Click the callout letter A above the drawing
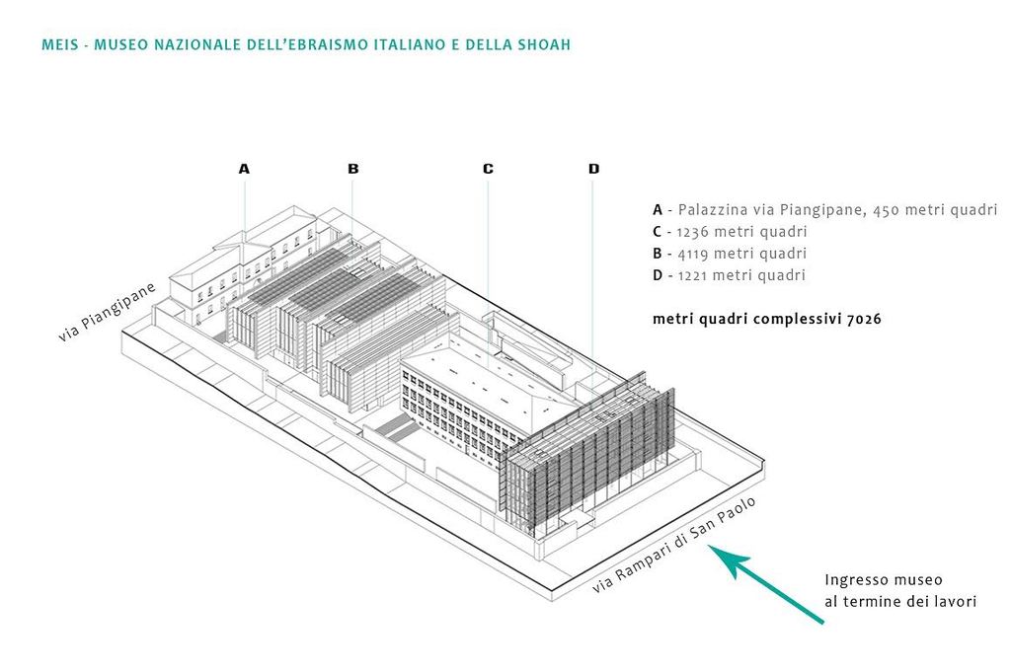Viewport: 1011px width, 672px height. point(244,169)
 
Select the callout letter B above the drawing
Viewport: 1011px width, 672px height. point(353,169)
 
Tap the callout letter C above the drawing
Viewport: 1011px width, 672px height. point(488,169)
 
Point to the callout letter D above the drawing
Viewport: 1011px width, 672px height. point(593,169)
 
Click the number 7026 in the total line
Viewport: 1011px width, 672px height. point(863,319)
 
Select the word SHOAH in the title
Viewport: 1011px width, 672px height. point(545,45)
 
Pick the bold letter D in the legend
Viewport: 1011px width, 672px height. point(658,275)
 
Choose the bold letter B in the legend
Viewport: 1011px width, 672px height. point(658,254)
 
